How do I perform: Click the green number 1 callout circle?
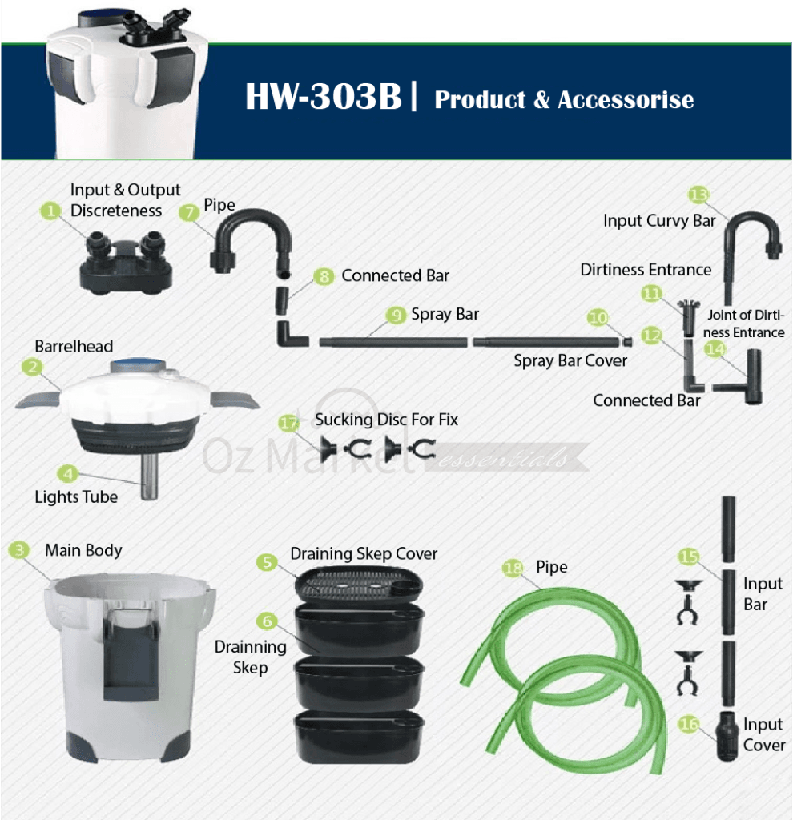50,211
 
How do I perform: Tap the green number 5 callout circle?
267,562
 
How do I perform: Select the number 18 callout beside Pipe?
513,568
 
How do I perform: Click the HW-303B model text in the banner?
324,96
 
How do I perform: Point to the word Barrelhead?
74,346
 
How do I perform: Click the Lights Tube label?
76,496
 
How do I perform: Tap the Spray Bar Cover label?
570,360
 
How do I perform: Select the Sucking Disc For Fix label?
386,420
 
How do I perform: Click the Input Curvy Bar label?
659,221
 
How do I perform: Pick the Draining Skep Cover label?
364,553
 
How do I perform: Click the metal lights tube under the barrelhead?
149,476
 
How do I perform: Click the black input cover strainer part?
727,735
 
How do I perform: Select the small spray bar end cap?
628,342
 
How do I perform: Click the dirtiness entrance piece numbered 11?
688,317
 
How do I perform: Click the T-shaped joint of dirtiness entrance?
739,378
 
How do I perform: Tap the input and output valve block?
126,262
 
